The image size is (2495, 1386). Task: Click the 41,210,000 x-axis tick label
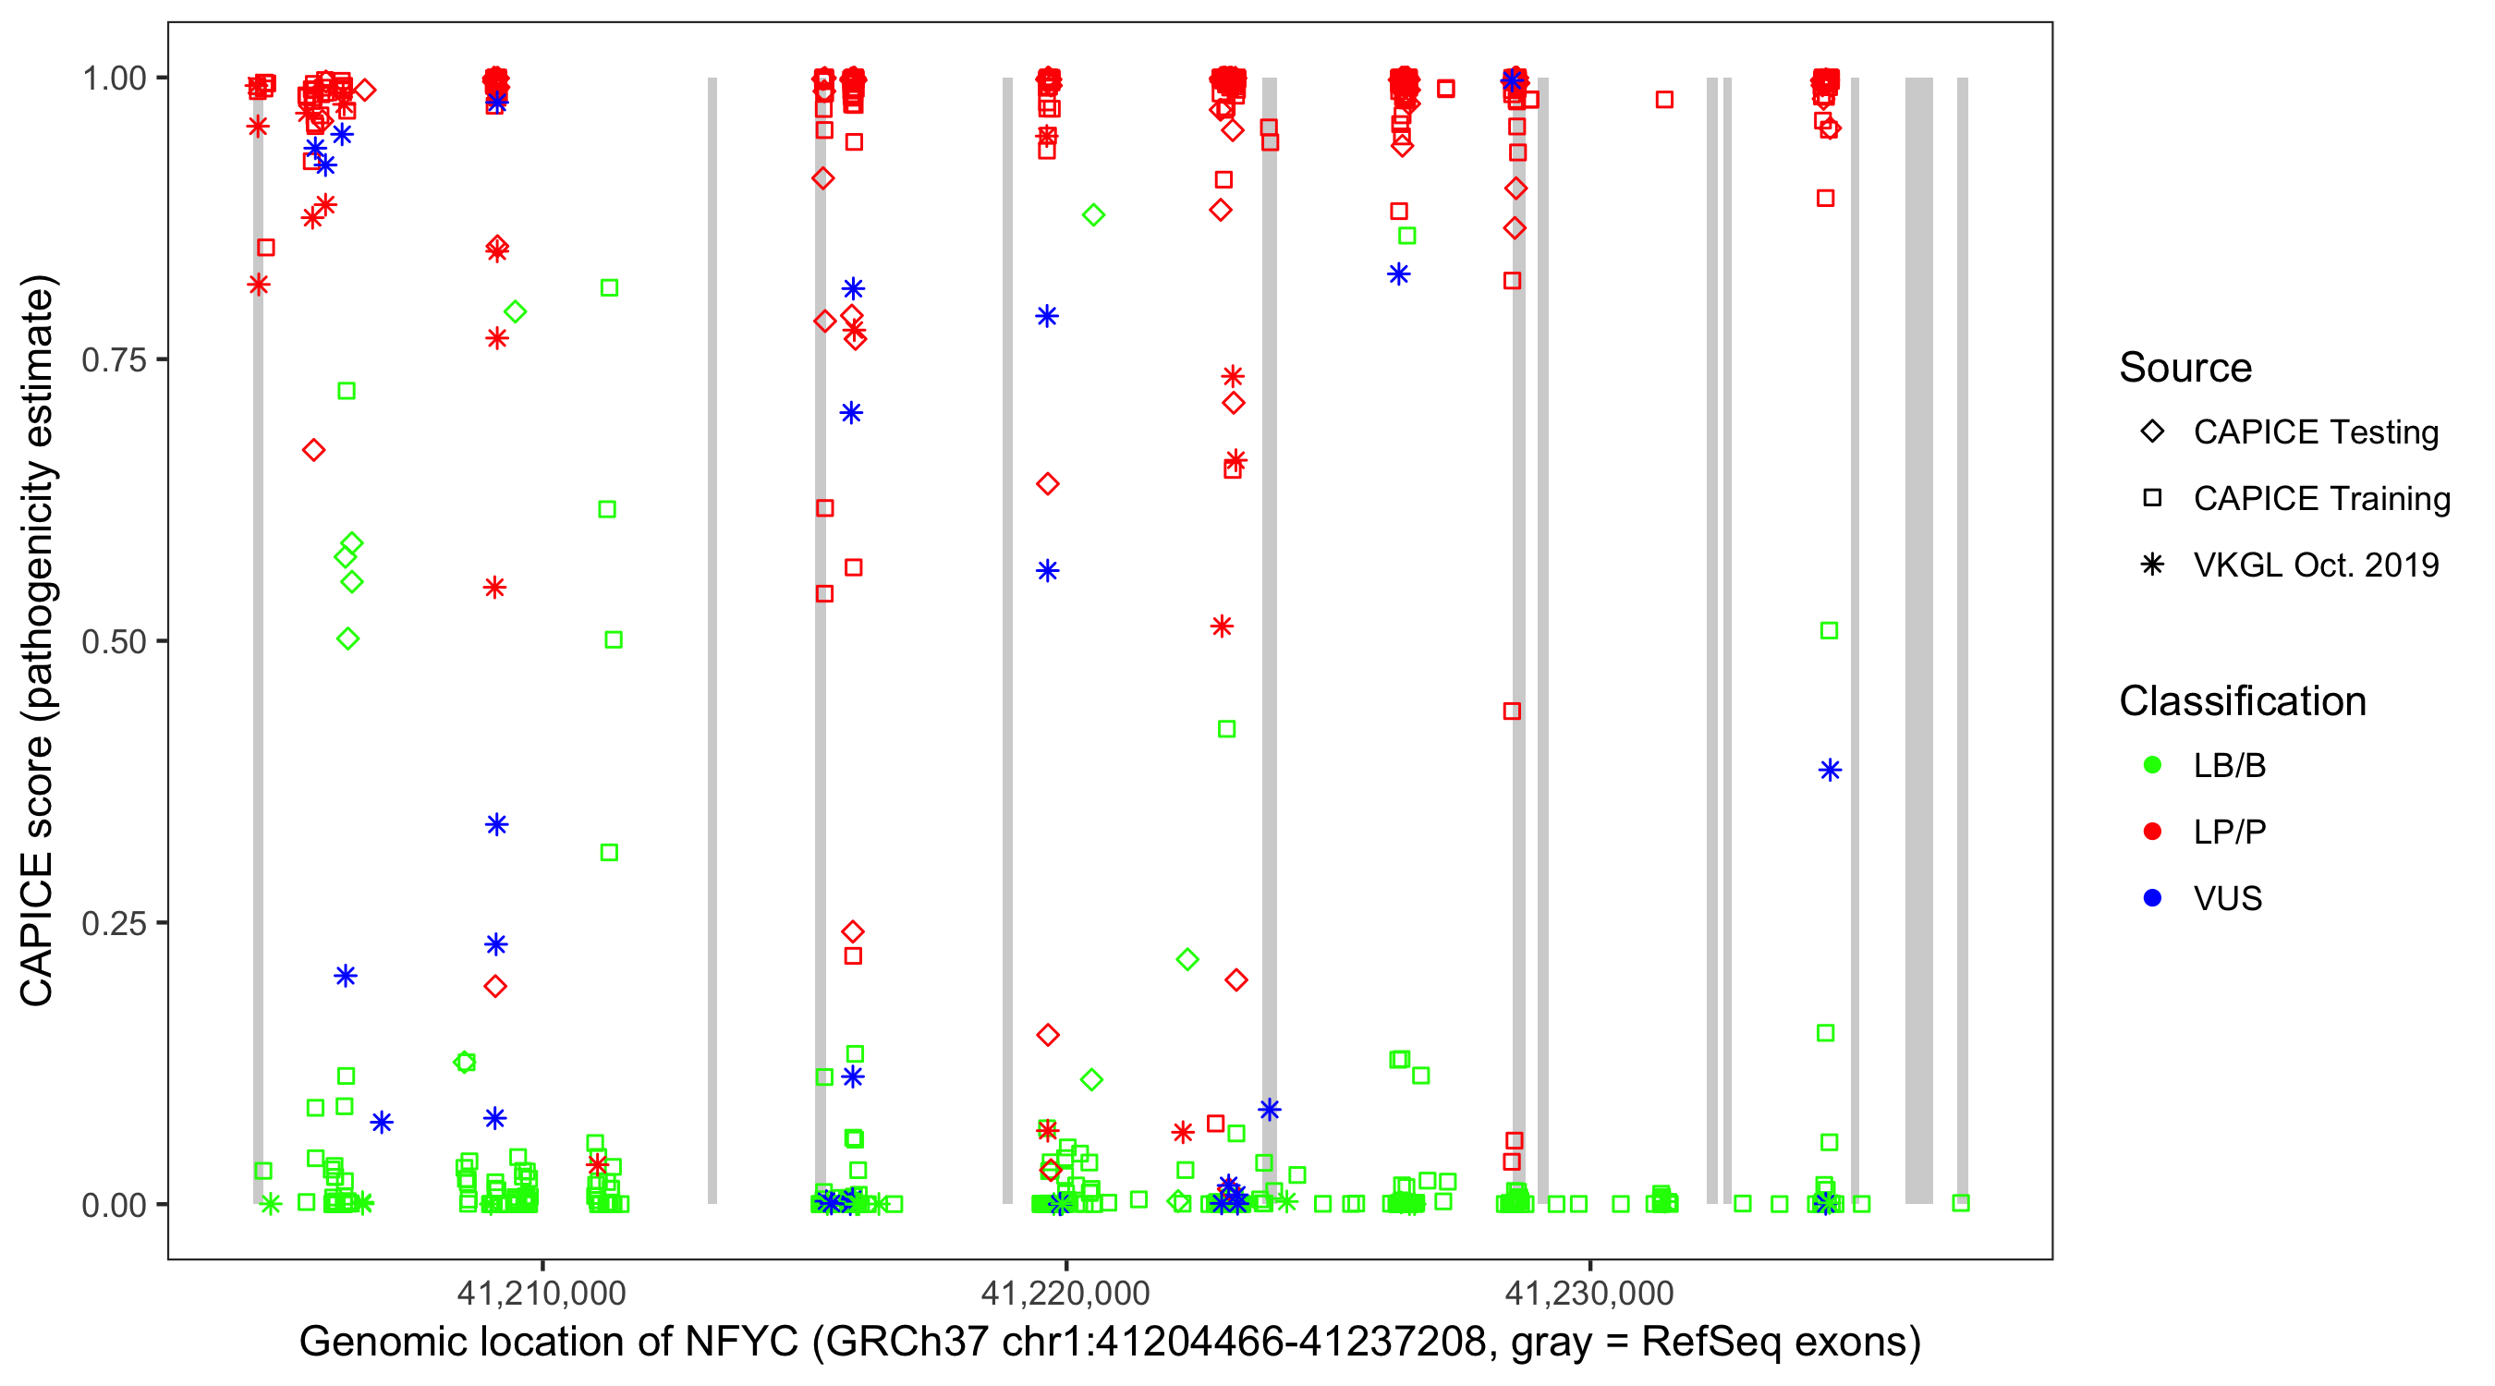click(x=542, y=1293)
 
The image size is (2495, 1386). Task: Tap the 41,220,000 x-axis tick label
click(x=1065, y=1293)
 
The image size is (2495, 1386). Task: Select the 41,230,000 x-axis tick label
click(x=1589, y=1293)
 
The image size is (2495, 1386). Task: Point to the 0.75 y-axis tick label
click(x=114, y=360)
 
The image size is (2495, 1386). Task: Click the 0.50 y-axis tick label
click(x=114, y=641)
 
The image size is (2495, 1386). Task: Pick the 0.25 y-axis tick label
click(x=114, y=923)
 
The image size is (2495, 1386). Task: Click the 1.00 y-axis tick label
click(x=114, y=79)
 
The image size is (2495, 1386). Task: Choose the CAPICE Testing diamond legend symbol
click(x=2152, y=432)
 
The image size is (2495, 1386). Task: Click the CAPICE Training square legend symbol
click(x=2152, y=499)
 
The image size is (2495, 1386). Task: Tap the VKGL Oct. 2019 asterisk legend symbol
click(x=2152, y=565)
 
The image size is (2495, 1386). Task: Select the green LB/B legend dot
click(x=2152, y=765)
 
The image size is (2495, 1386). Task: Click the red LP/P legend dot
click(x=2152, y=832)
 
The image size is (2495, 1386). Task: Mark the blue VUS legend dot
click(x=2152, y=898)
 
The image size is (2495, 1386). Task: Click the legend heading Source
click(x=2185, y=368)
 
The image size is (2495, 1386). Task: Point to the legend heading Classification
click(x=2242, y=701)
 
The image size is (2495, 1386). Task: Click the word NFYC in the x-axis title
click(x=742, y=1343)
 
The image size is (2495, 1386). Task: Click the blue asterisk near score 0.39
click(x=1830, y=770)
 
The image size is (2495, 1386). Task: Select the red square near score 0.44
click(x=1512, y=711)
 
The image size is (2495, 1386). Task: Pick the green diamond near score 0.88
click(x=1093, y=215)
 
